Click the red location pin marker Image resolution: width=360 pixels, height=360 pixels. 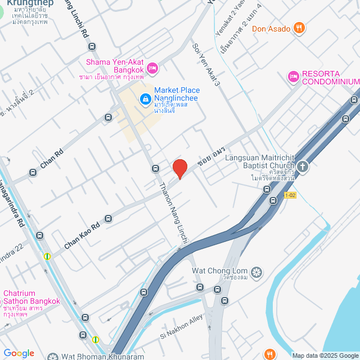(x=180, y=168)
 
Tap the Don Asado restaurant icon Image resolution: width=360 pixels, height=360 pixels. (x=300, y=28)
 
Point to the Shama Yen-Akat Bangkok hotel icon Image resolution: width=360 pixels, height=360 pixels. (x=154, y=68)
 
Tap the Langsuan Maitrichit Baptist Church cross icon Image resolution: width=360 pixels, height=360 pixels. (x=303, y=166)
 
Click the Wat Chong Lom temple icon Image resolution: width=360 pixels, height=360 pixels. (x=256, y=273)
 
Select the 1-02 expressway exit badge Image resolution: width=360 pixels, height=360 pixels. (x=290, y=195)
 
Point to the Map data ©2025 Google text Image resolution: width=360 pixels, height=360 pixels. (x=325, y=355)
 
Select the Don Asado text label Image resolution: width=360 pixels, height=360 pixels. (x=271, y=29)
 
